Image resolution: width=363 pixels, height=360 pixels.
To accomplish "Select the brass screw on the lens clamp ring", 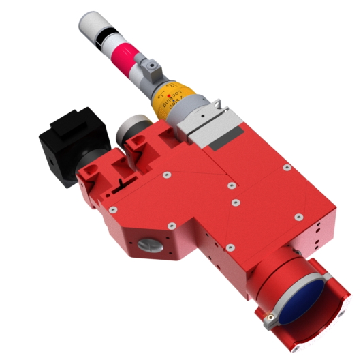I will [271, 316].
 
